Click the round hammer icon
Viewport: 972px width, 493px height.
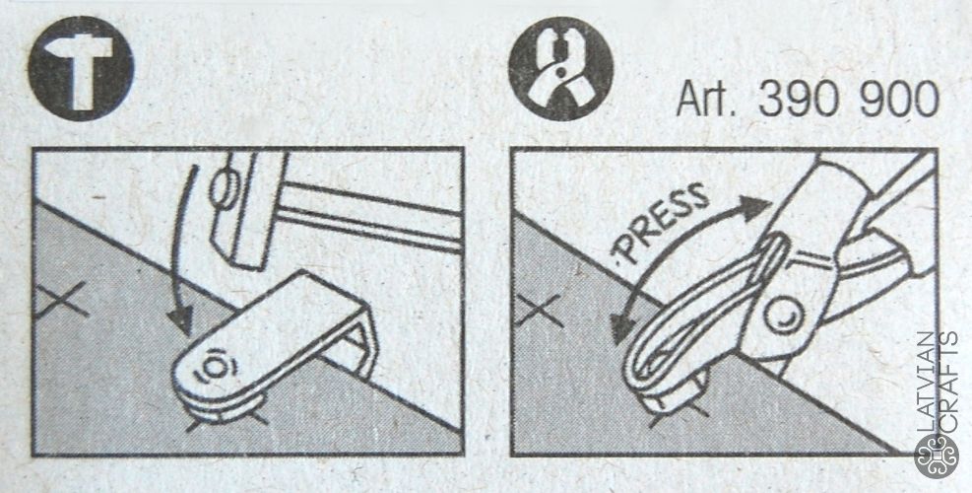pyautogui.click(x=81, y=68)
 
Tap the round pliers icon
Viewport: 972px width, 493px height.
pyautogui.click(x=561, y=68)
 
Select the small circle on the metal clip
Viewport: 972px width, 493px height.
pyautogui.click(x=214, y=368)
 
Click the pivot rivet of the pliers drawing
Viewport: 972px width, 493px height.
pyautogui.click(x=782, y=317)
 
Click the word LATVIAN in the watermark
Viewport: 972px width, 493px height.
pyautogui.click(x=925, y=381)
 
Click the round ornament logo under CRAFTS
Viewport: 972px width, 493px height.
pyautogui.click(x=937, y=457)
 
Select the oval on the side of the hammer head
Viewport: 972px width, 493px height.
pyautogui.click(x=221, y=190)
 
